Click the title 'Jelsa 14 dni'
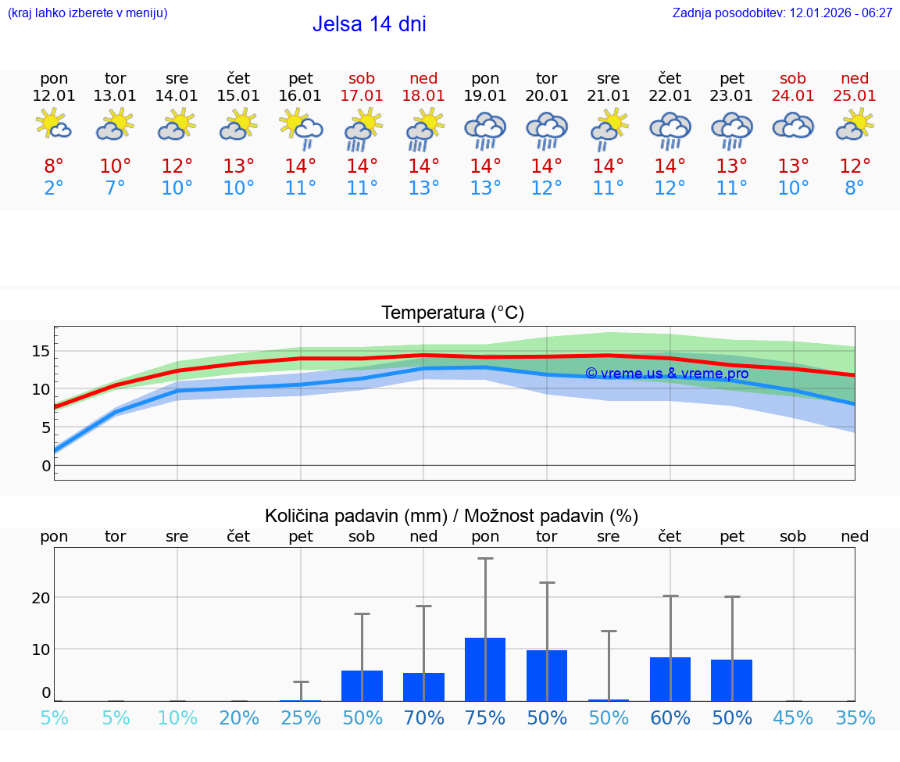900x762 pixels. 369,24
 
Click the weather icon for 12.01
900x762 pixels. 54,125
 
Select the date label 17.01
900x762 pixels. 362,95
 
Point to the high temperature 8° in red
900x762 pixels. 54,166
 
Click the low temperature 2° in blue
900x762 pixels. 54,188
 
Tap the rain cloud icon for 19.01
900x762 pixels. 485,129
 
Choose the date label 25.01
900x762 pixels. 855,95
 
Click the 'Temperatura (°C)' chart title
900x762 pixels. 452,313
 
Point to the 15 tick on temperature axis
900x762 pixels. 41,351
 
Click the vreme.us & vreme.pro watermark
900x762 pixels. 666,374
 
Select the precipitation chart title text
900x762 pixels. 452,516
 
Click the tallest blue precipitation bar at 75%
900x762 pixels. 485,669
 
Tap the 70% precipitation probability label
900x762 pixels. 423,717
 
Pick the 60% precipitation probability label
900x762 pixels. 670,717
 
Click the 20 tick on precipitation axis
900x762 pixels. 41,598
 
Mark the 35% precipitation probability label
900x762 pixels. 855,717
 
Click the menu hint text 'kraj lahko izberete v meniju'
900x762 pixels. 87,13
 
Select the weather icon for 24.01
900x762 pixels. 793,126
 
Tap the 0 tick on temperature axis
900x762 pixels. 45,466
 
